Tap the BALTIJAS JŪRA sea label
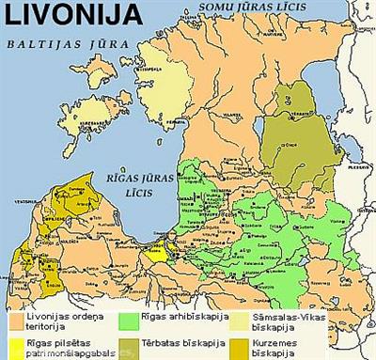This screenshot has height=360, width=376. coord(57,43)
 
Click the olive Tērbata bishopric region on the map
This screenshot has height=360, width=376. coord(291,141)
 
